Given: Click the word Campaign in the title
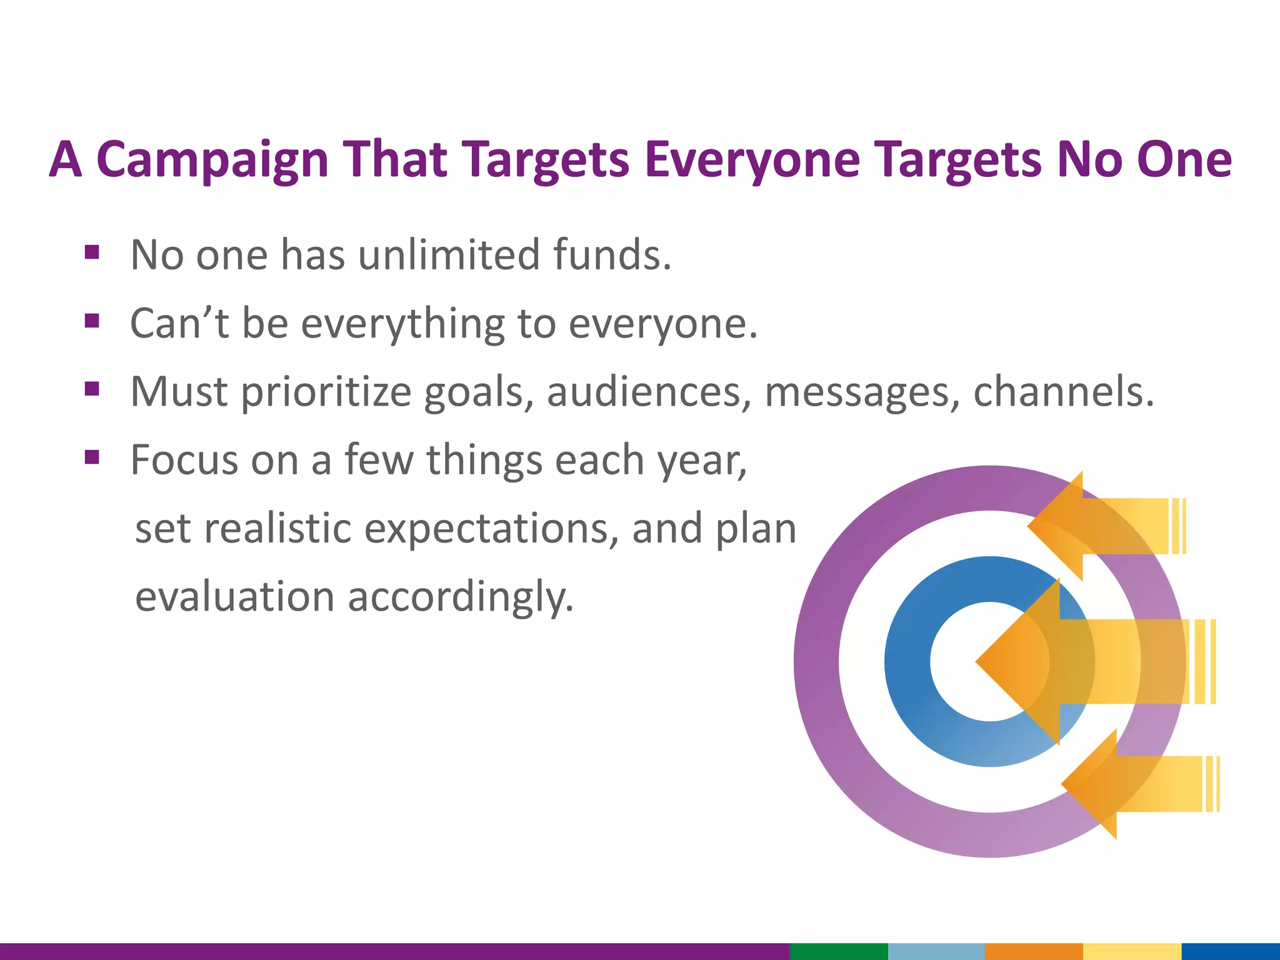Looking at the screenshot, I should point(212,160).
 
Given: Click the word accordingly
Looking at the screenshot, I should point(460,597).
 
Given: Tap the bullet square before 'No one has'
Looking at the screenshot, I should point(92,252).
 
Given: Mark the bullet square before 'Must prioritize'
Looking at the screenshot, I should point(92,389).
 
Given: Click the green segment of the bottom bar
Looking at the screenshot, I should point(838,951).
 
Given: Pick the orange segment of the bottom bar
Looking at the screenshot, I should point(1033,951).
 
